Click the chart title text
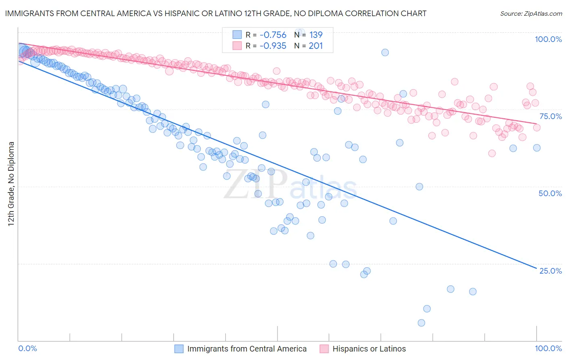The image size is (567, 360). (216, 13)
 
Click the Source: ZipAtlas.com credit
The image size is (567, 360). (531, 13)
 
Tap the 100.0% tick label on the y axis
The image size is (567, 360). (548, 39)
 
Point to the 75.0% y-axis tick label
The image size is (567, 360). (550, 116)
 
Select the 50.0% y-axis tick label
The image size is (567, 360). (550, 193)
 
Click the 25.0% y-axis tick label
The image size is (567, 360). (550, 271)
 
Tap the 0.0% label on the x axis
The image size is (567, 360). (28, 348)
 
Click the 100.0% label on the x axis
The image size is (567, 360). (548, 348)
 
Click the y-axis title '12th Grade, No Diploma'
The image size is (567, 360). (11, 184)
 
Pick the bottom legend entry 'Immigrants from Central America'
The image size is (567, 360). (247, 349)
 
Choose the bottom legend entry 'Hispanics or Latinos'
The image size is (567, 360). (369, 349)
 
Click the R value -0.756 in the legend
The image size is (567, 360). (273, 35)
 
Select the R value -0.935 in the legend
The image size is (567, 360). (273, 46)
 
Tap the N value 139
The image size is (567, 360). (316, 35)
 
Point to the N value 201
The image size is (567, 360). (316, 46)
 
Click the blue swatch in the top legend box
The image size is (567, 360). (237, 35)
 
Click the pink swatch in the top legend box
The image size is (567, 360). (237, 46)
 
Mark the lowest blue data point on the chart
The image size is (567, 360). (421, 323)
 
